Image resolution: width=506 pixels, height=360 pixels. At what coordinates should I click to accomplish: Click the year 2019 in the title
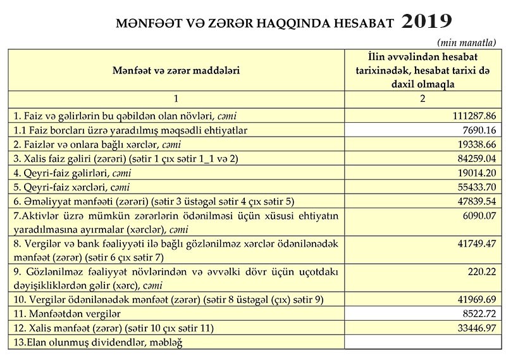pyautogui.click(x=426, y=22)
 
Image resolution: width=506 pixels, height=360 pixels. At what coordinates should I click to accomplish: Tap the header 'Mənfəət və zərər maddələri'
pyautogui.click(x=176, y=70)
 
